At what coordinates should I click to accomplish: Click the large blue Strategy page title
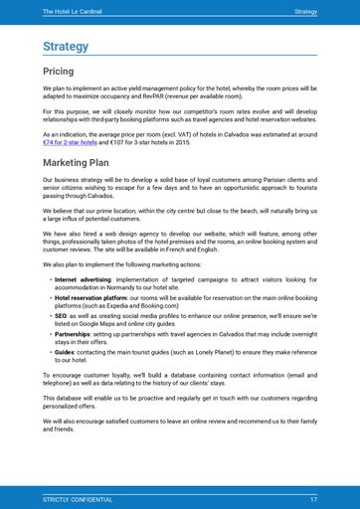pos(66,47)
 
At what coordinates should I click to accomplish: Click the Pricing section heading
pos(58,72)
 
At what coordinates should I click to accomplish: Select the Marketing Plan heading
pos(76,161)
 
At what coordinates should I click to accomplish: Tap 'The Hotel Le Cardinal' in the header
pos(73,11)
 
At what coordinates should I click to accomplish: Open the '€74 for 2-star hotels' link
pos(70,141)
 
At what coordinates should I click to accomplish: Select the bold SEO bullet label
pos(61,314)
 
